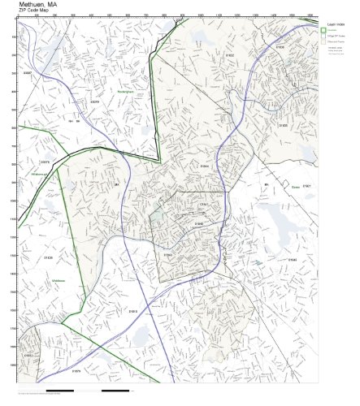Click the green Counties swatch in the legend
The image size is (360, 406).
click(x=323, y=32)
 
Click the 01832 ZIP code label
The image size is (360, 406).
click(x=230, y=55)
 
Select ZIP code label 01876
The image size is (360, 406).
click(x=76, y=371)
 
